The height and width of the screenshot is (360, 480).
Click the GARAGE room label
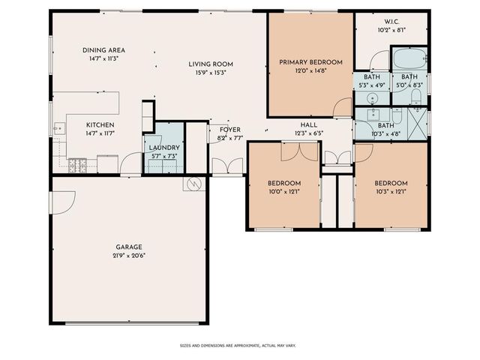pos(128,247)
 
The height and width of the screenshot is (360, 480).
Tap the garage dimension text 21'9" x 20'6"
pos(128,256)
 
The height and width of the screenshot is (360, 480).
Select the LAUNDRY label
pos(164,148)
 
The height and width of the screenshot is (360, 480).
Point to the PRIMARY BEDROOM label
pos(310,62)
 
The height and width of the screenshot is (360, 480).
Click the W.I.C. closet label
pos(391,22)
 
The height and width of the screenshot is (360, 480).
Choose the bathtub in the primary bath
pos(409,58)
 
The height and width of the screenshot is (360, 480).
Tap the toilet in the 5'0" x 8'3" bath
pos(416,97)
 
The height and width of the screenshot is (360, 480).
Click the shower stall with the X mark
pos(418,124)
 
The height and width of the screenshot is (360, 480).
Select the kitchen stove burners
pos(77,165)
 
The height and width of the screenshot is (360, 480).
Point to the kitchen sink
pos(59,128)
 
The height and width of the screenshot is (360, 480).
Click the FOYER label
pos(230,130)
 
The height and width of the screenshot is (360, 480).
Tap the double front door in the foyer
pos(227,166)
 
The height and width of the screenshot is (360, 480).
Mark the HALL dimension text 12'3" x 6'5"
pos(309,133)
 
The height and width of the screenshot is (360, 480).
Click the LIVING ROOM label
pos(211,64)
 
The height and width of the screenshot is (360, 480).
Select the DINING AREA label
pos(103,50)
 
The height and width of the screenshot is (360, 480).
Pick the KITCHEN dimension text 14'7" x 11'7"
pos(100,133)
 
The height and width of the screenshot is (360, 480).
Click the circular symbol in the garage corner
pos(194,184)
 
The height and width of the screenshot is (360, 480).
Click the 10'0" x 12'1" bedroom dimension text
pos(284,192)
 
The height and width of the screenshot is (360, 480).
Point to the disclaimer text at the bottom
pos(238,346)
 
